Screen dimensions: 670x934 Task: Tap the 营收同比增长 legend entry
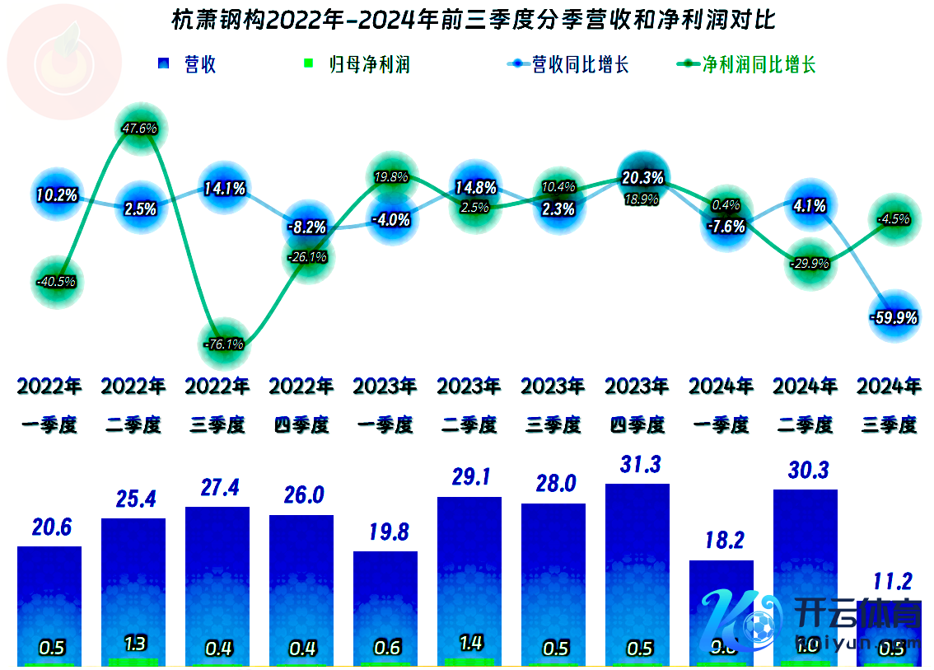pyautogui.click(x=569, y=64)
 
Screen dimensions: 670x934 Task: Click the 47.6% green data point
pyautogui.click(x=139, y=129)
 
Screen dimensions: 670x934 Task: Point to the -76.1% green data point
pyautogui.click(x=223, y=344)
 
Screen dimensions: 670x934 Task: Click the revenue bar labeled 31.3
pyautogui.click(x=637, y=569)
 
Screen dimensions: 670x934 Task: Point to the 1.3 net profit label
pyautogui.click(x=134, y=643)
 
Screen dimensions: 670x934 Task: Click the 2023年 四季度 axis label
pyautogui.click(x=637, y=405)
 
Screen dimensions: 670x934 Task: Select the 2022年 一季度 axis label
pyautogui.click(x=49, y=405)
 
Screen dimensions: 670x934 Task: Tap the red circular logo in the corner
pyautogui.click(x=63, y=63)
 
